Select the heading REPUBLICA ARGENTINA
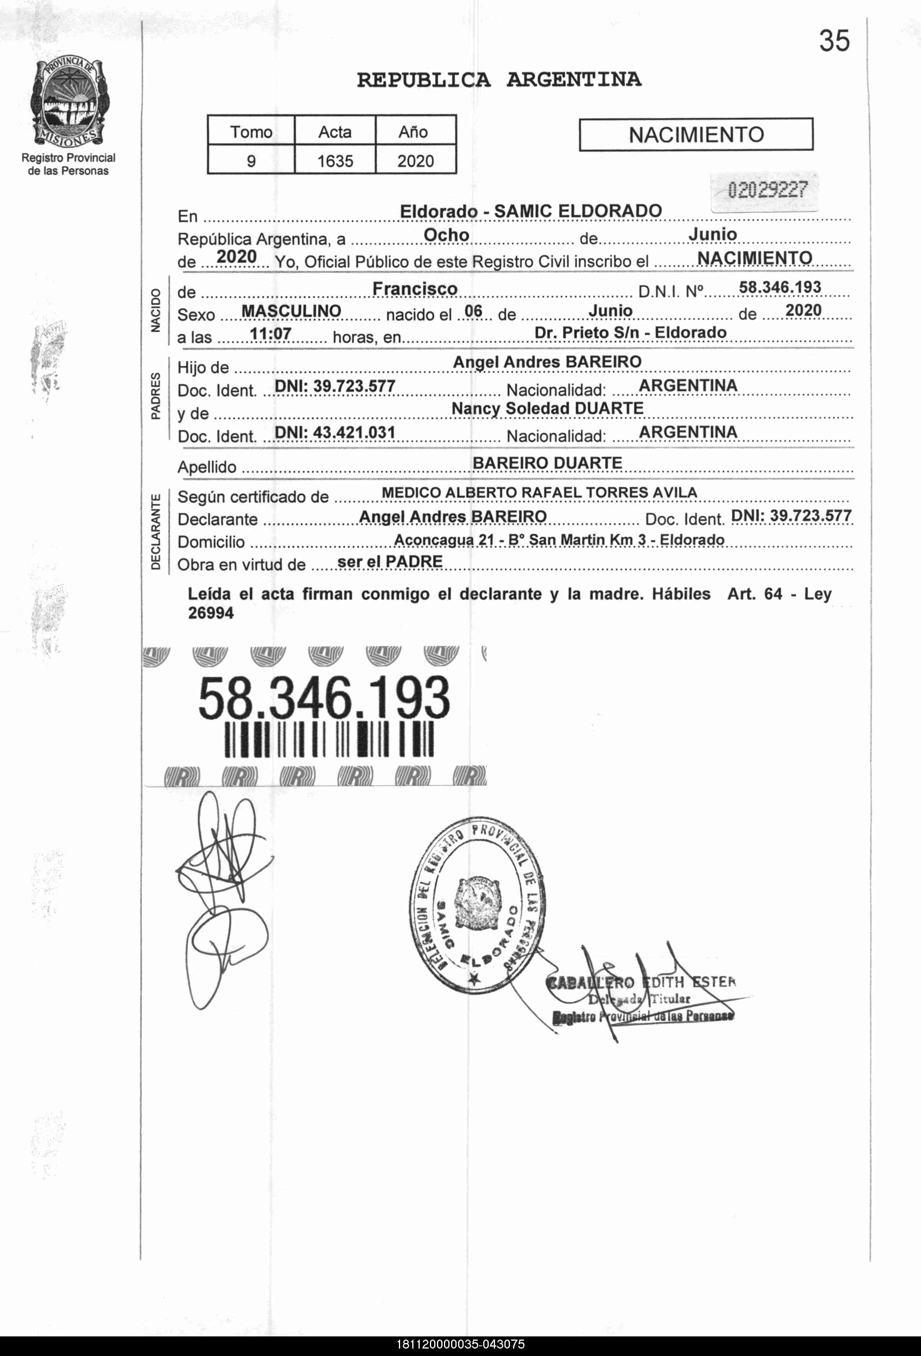click(499, 79)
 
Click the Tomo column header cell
click(251, 132)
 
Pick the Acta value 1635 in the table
click(335, 161)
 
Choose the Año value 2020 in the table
click(415, 161)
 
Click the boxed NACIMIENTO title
click(696, 135)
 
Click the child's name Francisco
click(415, 289)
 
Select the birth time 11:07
click(270, 334)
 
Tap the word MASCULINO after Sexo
click(291, 311)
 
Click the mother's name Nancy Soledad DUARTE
click(548, 409)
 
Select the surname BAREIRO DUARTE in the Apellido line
click(548, 463)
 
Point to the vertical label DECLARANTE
click(156, 532)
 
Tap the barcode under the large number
click(329, 740)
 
